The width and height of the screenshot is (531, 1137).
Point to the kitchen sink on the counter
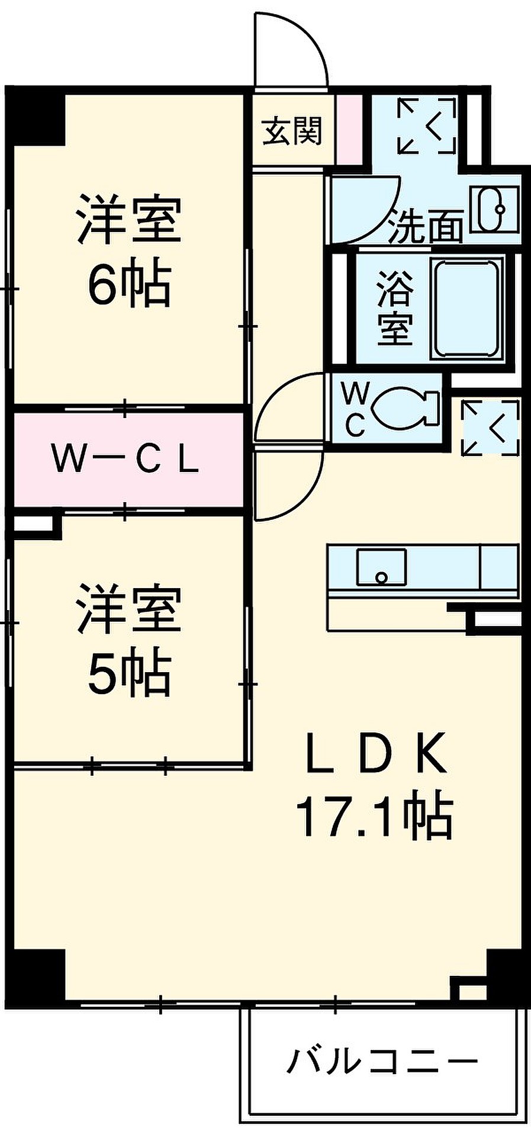point(381,567)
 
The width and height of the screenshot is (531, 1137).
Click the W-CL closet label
point(125,460)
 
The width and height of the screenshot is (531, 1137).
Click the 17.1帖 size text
point(374,817)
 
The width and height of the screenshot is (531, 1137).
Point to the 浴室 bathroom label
point(394,307)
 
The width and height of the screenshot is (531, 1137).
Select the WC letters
point(355,408)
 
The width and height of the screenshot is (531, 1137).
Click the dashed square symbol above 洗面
point(427,126)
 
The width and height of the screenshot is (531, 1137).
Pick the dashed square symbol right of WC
point(490,428)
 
